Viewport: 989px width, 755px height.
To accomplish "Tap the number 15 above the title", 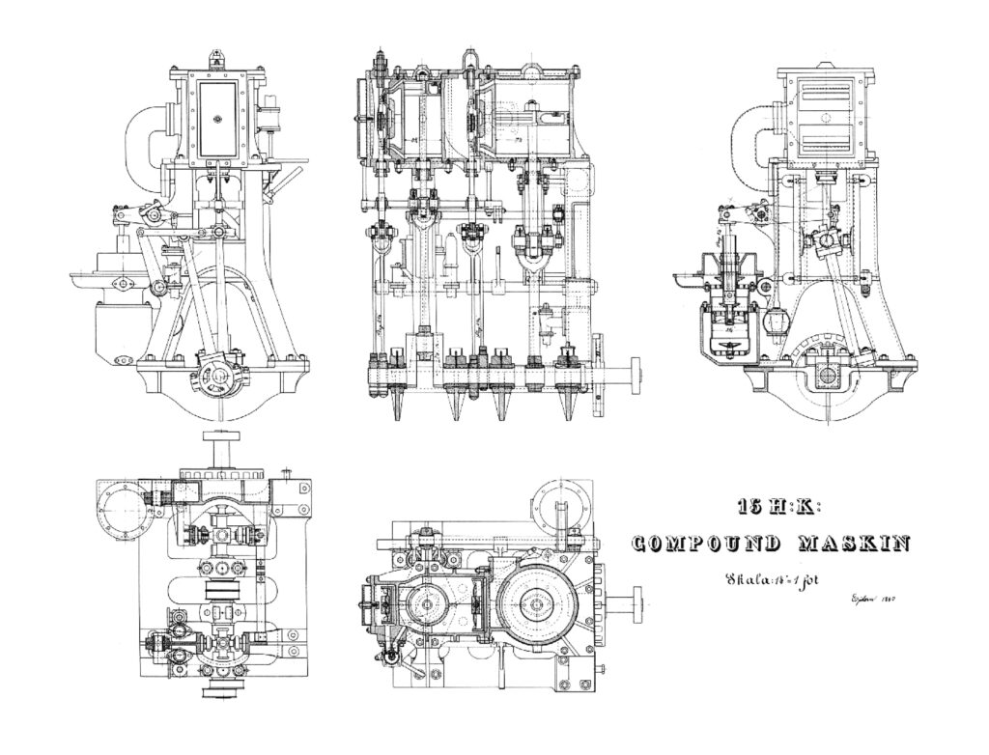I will pyautogui.click(x=747, y=506).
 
